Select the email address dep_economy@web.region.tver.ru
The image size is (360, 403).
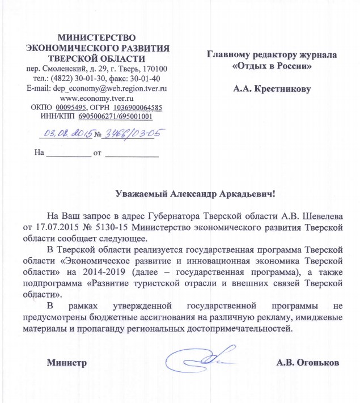click(x=108, y=88)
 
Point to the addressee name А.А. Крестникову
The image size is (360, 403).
click(x=273, y=88)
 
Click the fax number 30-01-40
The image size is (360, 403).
click(x=146, y=79)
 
